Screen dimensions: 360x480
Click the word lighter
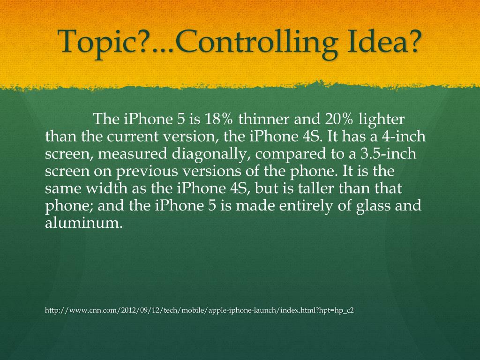(x=381, y=120)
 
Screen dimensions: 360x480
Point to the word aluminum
(x=83, y=223)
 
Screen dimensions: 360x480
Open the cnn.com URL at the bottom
(x=199, y=310)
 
